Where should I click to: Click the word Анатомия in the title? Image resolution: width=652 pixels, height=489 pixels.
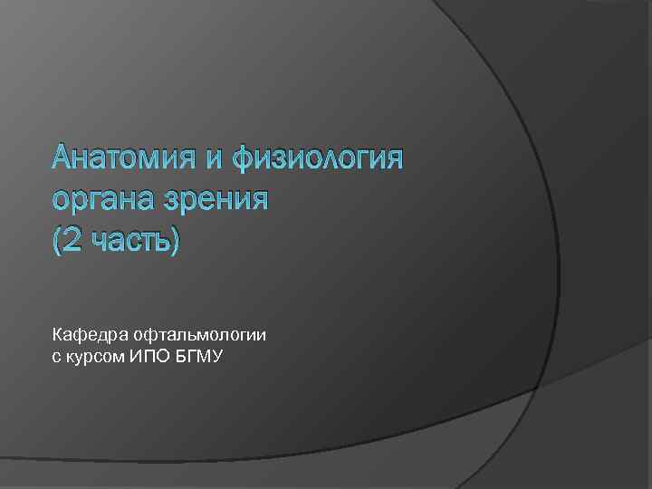tap(122, 159)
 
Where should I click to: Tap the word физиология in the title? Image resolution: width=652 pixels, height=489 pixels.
tap(316, 161)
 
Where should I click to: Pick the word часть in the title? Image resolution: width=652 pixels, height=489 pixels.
tap(127, 239)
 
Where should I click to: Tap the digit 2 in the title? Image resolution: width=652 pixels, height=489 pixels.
tap(72, 239)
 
